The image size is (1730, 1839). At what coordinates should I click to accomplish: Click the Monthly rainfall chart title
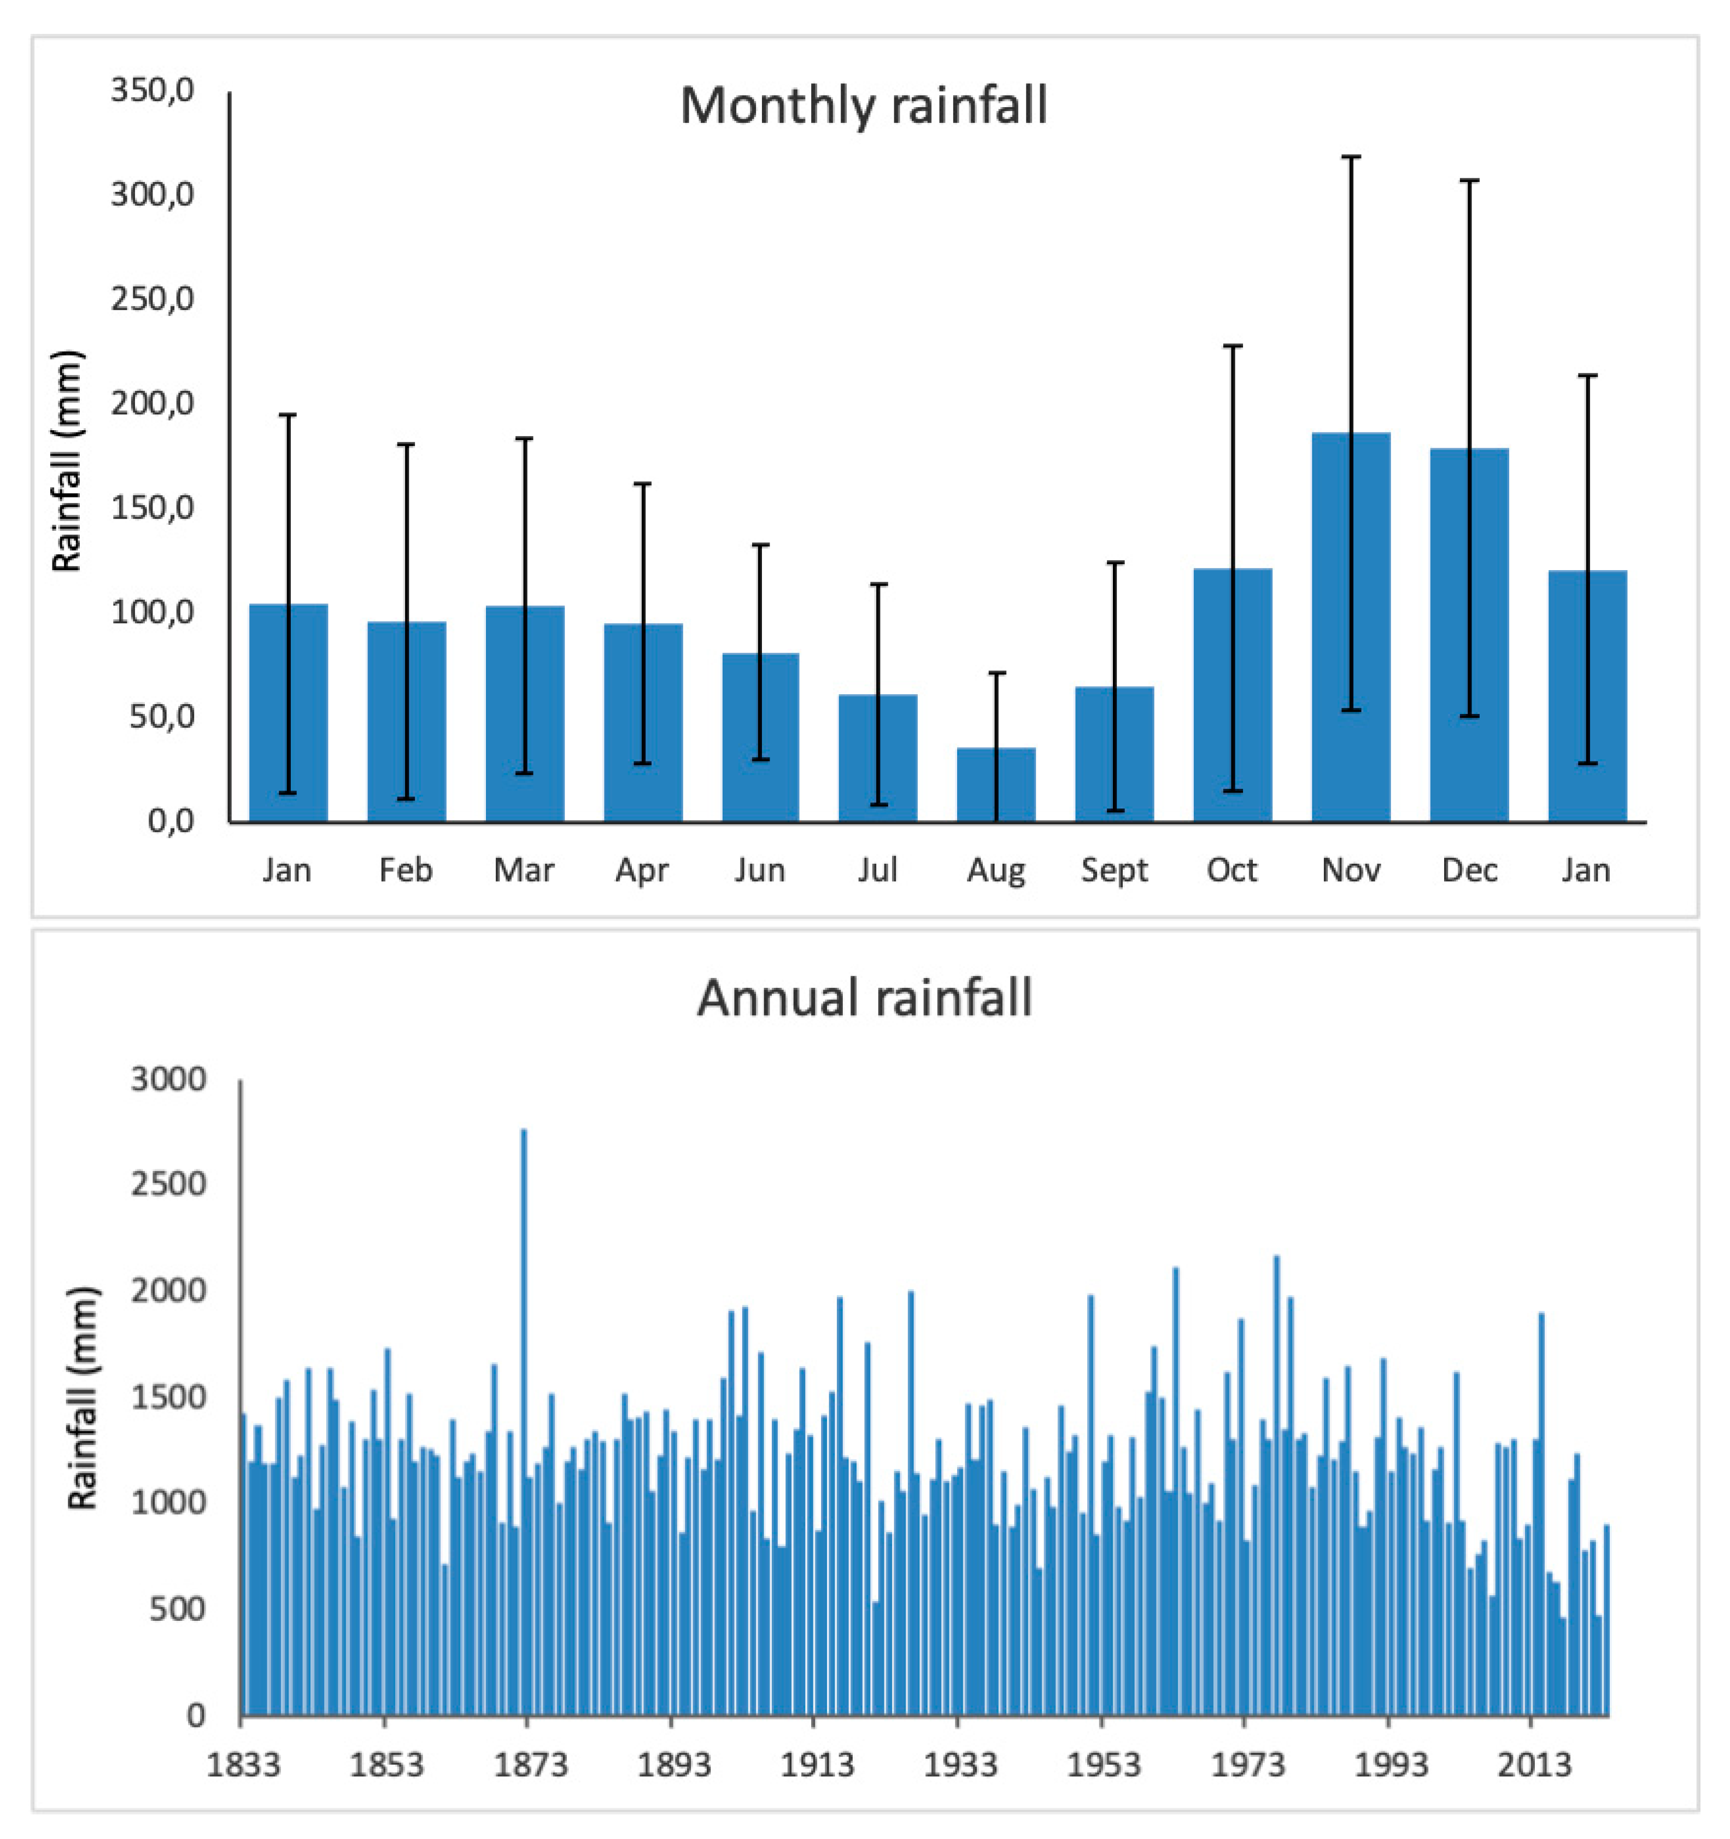coord(863,106)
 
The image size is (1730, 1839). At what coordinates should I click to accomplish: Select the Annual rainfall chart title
coord(864,998)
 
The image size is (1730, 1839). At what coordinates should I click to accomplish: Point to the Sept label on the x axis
coord(1114,870)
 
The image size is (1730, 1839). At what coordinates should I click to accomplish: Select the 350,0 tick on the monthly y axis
coord(152,91)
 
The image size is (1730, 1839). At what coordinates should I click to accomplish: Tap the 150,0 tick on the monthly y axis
coord(152,508)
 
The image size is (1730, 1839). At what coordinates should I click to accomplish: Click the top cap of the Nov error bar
coord(1351,157)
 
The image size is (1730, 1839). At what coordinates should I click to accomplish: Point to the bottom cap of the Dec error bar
coord(1469,716)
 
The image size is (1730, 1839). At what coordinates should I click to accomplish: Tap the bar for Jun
coord(760,738)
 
